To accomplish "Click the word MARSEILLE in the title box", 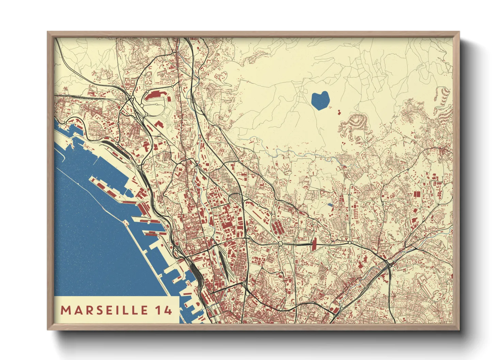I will click(x=104, y=310).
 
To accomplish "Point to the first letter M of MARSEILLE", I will click(x=65, y=310).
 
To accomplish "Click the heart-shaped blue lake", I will click(x=320, y=100).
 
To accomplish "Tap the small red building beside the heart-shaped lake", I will click(x=339, y=111).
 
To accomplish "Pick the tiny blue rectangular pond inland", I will click(x=329, y=205).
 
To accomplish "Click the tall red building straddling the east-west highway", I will click(x=314, y=244).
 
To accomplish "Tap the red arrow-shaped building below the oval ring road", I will click(x=159, y=123).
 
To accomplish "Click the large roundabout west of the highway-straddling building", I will click(x=280, y=244).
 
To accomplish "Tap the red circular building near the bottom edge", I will click(x=335, y=310).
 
